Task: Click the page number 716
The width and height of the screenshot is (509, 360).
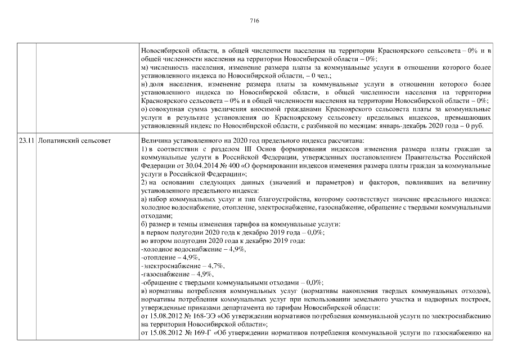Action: (254, 20)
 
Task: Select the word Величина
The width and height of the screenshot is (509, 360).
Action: (156, 139)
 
